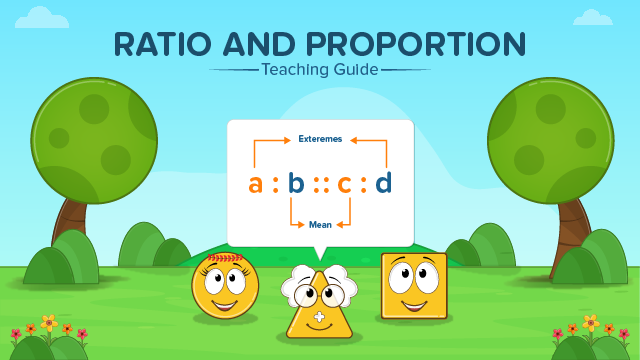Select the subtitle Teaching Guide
coord(320,70)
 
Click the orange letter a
coord(256,183)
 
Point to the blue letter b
coord(295,183)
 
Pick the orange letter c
coord(344,183)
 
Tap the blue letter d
coord(383,183)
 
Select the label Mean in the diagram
coord(320,225)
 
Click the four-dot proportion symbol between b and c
coord(320,184)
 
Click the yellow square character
coord(413,285)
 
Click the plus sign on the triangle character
coord(319,319)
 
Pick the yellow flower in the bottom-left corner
coord(48,322)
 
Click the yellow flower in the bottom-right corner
coord(590,322)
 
